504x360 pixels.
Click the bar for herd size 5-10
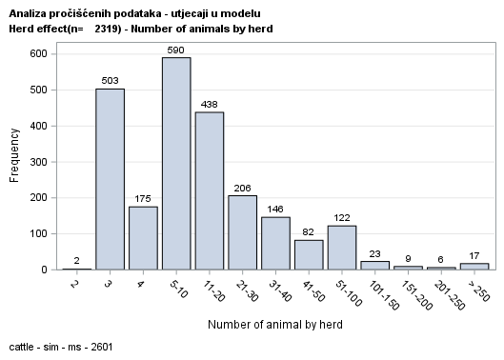pos(176,164)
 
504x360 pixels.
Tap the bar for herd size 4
pos(143,238)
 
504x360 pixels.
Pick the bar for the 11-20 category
pos(210,190)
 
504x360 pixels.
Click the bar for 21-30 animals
pos(243,232)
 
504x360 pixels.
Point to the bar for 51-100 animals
pos(342,248)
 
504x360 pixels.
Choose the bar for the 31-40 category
pos(275,244)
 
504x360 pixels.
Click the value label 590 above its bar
pos(176,49)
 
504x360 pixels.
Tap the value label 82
pos(309,231)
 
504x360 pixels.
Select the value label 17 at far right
pos(474,255)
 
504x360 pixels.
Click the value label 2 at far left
pos(77,260)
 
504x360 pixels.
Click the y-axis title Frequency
pos(13,161)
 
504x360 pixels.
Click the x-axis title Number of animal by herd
pos(275,324)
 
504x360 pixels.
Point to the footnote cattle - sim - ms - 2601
pos(59,347)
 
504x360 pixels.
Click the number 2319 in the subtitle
pos(110,29)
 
